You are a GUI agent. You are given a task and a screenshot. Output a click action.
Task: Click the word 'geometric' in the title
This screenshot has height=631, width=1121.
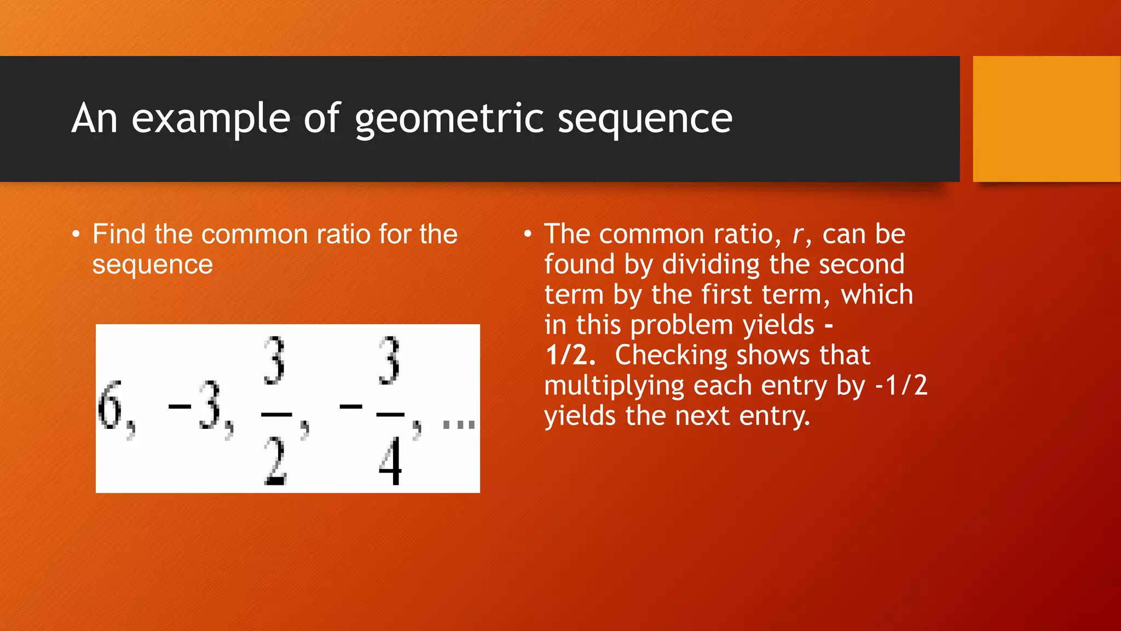pyautogui.click(x=449, y=119)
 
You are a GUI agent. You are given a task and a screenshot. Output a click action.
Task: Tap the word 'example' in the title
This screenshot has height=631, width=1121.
pyautogui.click(x=211, y=119)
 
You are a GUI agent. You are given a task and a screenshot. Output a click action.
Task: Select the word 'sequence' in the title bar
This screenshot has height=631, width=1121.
pyautogui.click(x=645, y=119)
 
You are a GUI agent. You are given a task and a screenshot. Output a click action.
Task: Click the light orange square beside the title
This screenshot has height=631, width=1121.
pyautogui.click(x=1047, y=119)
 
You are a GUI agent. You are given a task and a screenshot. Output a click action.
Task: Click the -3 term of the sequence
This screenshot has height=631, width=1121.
pyautogui.click(x=197, y=406)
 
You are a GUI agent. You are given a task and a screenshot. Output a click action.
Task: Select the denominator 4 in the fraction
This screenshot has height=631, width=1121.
pyautogui.click(x=390, y=462)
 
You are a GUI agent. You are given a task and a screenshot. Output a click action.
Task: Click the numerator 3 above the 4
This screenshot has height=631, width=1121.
pyautogui.click(x=389, y=362)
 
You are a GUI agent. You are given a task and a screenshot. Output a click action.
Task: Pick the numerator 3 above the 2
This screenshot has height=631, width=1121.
pyautogui.click(x=274, y=362)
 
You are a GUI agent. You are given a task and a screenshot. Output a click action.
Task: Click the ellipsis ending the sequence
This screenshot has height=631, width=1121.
pyautogui.click(x=459, y=424)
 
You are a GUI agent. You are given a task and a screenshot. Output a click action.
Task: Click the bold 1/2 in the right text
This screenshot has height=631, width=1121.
pyautogui.click(x=570, y=355)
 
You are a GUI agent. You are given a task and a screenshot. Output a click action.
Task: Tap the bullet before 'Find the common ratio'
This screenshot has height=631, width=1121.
pyautogui.click(x=76, y=235)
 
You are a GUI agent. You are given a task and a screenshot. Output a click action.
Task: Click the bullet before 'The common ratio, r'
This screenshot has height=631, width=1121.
pyautogui.click(x=528, y=235)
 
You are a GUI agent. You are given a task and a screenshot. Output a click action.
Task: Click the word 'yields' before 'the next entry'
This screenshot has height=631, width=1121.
pyautogui.click(x=580, y=416)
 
